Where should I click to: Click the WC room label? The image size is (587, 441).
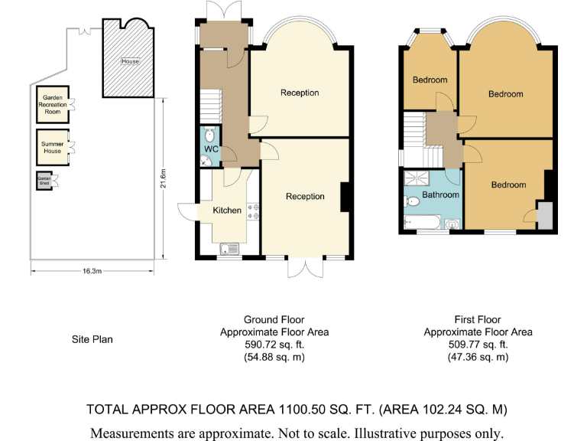(211, 149)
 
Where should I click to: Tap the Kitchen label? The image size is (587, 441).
(227, 211)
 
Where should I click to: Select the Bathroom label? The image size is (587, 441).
(440, 194)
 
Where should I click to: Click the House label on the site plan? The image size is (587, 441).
(130, 61)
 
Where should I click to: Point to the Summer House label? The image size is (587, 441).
(53, 147)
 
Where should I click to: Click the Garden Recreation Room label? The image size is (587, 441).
(53, 105)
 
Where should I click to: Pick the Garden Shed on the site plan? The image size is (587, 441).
(44, 181)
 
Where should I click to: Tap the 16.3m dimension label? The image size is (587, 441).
(92, 271)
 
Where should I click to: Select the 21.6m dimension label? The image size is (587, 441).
(164, 178)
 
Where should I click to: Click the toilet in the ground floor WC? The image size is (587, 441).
(209, 135)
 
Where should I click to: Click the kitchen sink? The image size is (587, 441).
(229, 249)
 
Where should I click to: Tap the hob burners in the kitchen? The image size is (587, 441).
(253, 211)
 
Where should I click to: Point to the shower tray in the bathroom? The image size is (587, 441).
(417, 178)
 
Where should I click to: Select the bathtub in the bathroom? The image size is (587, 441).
(422, 222)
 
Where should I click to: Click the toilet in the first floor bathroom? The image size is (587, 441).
(412, 202)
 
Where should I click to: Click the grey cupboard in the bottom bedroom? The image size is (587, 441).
(545, 215)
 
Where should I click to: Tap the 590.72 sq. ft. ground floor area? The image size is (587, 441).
(274, 345)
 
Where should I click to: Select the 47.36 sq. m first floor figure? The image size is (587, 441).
(478, 357)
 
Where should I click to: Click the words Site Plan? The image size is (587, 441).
(92, 339)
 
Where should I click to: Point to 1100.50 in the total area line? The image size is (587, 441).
(302, 409)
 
